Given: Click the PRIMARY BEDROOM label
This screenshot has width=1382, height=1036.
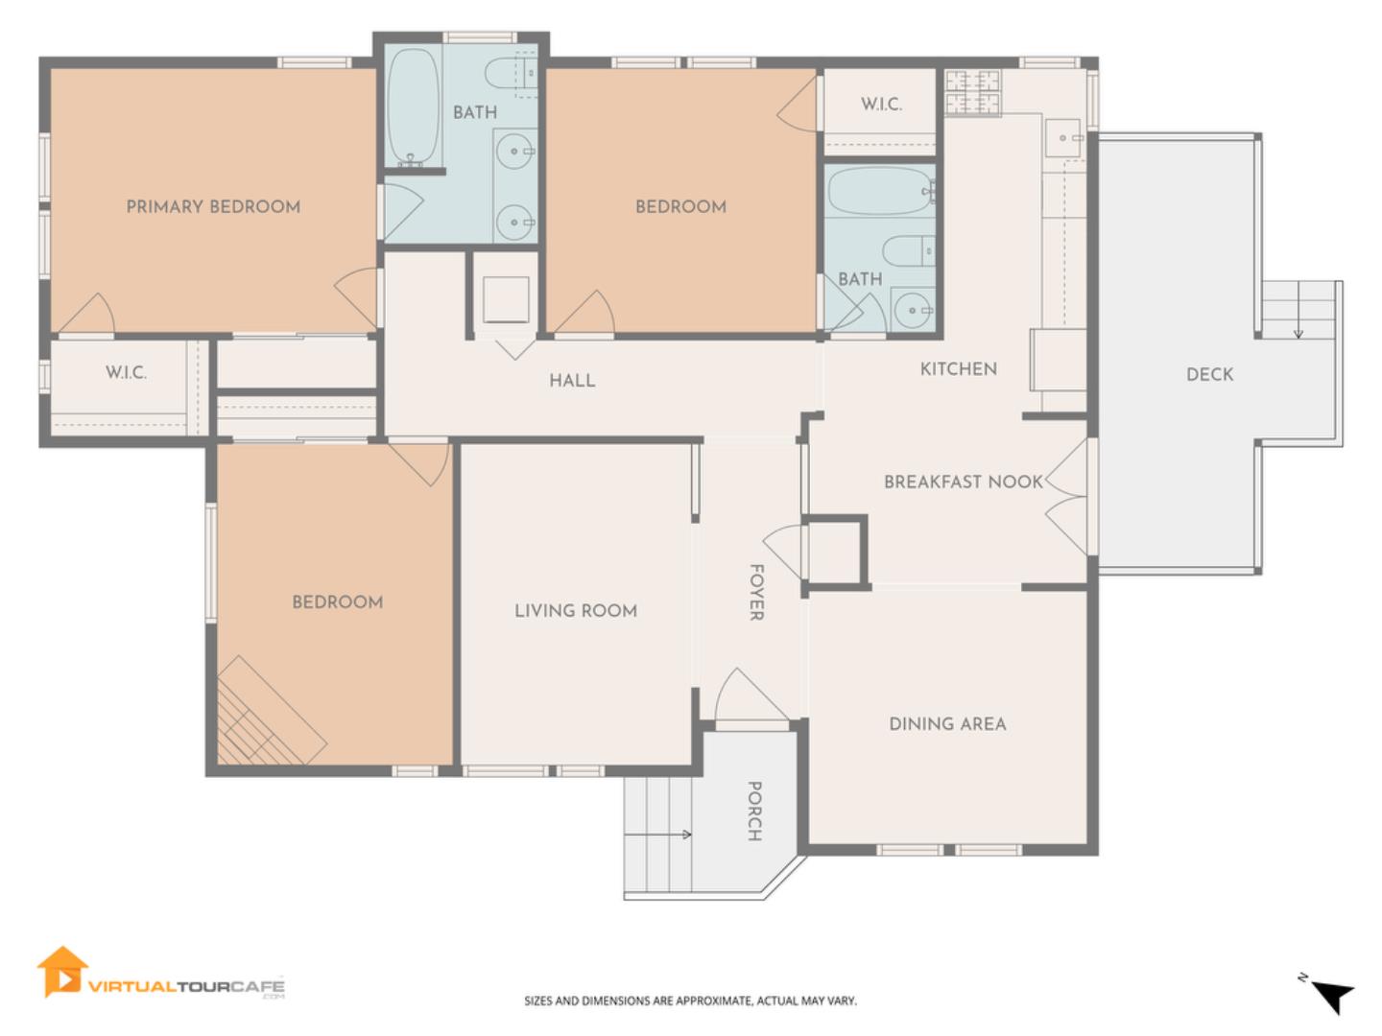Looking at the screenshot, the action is (213, 206).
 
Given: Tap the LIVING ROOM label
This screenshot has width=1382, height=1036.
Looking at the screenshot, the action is (576, 610).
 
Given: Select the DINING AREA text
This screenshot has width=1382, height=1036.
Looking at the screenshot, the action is (947, 723).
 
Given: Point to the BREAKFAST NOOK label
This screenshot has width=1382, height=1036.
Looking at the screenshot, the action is (964, 482).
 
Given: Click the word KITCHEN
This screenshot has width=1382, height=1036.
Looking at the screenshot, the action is (958, 368).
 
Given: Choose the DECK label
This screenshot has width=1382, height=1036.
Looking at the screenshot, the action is (1209, 374).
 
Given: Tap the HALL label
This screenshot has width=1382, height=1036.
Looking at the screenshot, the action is (572, 380).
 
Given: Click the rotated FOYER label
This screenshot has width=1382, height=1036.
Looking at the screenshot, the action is (757, 592).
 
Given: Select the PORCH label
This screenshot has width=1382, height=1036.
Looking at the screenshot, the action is (754, 811).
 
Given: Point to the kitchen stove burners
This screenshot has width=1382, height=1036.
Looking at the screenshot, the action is (973, 92).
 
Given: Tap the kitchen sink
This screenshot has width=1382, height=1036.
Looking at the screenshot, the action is (1064, 137).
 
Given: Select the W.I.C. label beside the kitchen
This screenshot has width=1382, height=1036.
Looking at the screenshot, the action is (881, 104).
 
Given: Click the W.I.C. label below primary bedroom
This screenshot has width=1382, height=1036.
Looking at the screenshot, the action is (126, 372).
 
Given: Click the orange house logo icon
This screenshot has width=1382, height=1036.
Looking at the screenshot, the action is (61, 972).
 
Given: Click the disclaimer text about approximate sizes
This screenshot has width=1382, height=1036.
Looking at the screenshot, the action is (690, 1001).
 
